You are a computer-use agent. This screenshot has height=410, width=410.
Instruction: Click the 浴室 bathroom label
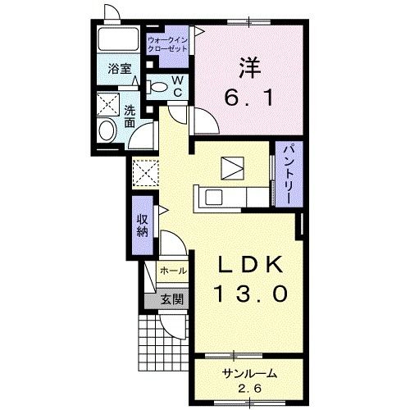click(x=120, y=69)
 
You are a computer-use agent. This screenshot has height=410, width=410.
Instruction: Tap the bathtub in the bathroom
click(x=118, y=39)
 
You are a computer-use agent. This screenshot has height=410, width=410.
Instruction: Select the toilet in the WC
click(x=157, y=87)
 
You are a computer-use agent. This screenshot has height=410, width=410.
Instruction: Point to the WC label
click(x=178, y=86)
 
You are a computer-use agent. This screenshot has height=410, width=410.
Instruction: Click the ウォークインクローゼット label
click(x=167, y=45)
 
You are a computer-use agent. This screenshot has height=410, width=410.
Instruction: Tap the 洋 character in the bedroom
click(x=250, y=67)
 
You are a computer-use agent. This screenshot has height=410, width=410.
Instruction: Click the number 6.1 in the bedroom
click(x=248, y=98)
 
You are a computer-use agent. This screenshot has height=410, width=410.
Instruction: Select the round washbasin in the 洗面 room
click(x=108, y=131)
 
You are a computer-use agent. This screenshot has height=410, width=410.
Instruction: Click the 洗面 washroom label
click(x=130, y=116)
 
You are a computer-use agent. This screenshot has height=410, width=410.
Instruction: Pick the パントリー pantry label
click(x=289, y=173)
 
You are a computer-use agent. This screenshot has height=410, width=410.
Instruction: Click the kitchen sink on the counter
click(x=214, y=197)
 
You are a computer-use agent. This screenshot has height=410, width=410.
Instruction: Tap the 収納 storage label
click(x=142, y=225)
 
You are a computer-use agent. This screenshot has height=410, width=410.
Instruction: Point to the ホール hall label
click(x=173, y=271)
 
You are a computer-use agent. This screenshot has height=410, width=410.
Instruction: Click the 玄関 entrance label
click(x=171, y=300)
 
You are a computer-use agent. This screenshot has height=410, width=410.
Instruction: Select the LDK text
click(x=249, y=265)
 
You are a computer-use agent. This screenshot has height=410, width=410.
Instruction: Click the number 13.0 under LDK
click(x=252, y=294)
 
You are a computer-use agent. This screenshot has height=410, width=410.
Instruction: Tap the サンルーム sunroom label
click(x=249, y=374)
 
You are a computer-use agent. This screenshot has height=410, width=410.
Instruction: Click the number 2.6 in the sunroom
click(x=249, y=388)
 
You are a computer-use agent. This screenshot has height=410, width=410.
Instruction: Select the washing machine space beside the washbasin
click(x=108, y=104)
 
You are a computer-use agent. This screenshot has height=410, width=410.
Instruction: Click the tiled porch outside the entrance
click(x=163, y=343)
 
